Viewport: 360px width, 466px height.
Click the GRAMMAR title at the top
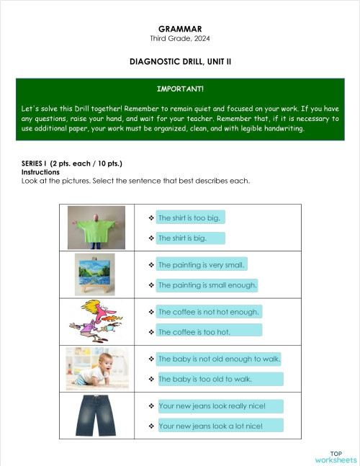pyautogui.click(x=180, y=28)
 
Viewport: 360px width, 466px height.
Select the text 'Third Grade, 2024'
pyautogui.click(x=180, y=37)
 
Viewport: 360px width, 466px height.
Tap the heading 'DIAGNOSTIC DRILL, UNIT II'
pyautogui.click(x=180, y=62)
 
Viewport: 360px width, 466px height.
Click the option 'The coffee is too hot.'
pyautogui.click(x=194, y=332)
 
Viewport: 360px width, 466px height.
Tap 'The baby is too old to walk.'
pyautogui.click(x=205, y=379)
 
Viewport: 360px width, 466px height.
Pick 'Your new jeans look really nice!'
pyautogui.click(x=212, y=406)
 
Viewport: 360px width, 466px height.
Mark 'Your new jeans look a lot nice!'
pyautogui.click(x=210, y=426)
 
